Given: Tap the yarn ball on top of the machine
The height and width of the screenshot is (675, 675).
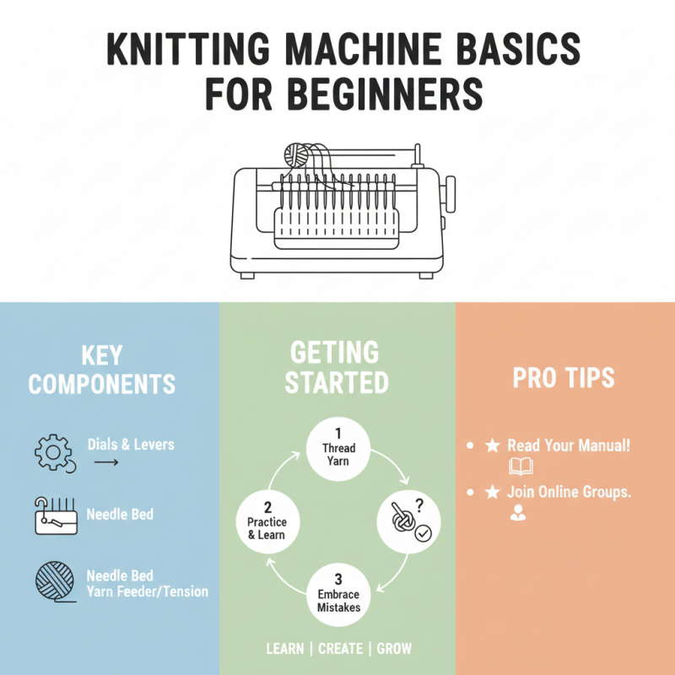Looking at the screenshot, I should coord(297,154).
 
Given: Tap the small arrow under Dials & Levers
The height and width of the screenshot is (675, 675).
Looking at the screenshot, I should coord(105,463).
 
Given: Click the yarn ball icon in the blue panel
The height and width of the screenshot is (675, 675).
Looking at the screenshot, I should coord(51,581).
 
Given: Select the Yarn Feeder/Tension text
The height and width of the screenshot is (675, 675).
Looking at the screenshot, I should coord(147,591).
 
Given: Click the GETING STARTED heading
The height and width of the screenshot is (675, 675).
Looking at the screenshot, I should coord(337,367).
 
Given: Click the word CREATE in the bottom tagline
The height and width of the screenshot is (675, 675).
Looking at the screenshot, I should coord(341,649).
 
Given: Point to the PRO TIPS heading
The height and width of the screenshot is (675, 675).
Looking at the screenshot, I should coord(564,378).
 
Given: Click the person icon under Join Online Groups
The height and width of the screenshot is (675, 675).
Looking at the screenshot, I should coord(517,512).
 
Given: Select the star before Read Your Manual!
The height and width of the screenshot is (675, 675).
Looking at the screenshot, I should coord(493,445).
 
